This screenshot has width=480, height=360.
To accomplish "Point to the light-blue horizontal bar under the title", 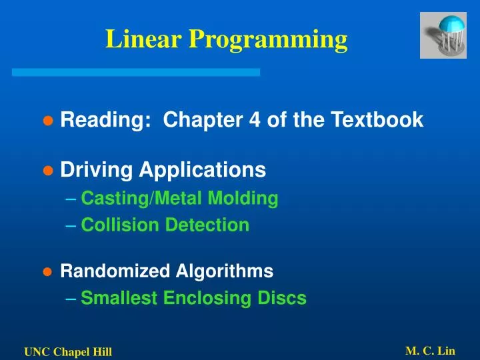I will (x=136, y=72).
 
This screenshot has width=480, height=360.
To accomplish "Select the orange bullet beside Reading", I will (x=47, y=121).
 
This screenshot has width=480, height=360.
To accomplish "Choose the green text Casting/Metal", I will (x=141, y=198).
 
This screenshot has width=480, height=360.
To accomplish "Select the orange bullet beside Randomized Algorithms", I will (x=47, y=272).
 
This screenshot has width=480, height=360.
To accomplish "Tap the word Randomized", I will (x=115, y=271).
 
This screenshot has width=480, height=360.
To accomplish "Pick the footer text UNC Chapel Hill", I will (x=68, y=352).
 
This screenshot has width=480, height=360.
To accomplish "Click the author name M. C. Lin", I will (x=430, y=351).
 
